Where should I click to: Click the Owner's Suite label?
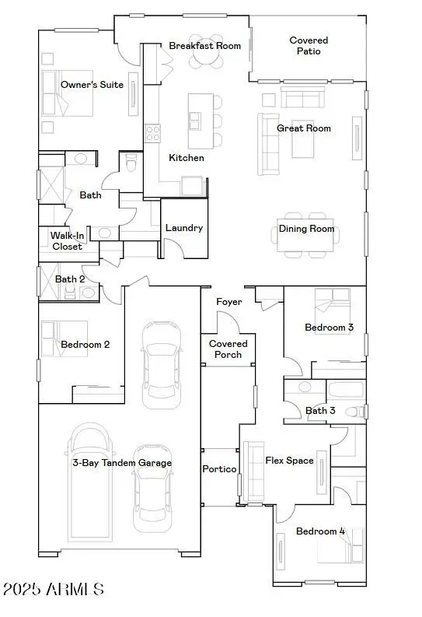coord(92,84)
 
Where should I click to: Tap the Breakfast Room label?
coord(205,46)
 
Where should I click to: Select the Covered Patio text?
coord(309,46)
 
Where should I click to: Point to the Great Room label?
coord(304,128)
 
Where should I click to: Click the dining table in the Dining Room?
coord(306,233)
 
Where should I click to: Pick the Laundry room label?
coord(184,228)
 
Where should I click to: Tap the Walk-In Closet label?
coord(67,240)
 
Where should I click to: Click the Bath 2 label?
coord(70,279)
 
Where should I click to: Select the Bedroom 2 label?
coord(85,344)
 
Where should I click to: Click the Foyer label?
coord(228,302)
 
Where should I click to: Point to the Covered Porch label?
coord(228,349)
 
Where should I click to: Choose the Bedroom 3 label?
coord(329,328)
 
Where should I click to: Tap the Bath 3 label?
coord(320,410)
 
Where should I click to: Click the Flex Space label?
coord(289,461)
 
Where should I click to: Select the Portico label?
coord(219,469)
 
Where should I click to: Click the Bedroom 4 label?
coord(320,531)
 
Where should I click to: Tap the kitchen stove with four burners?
coord(152,133)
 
